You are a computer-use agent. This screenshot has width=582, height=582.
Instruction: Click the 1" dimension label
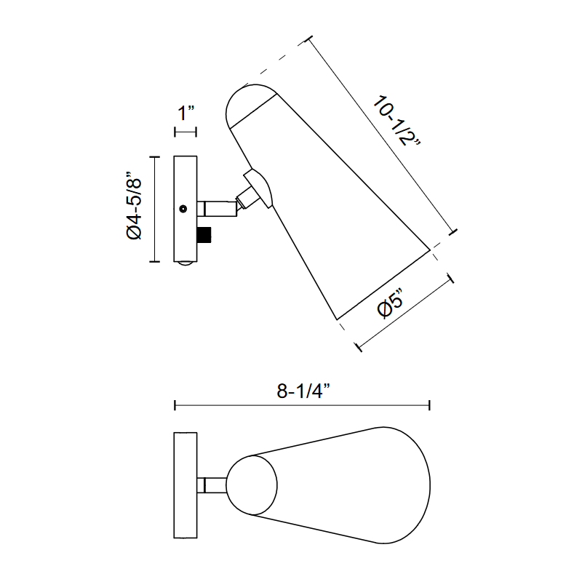coord(186,113)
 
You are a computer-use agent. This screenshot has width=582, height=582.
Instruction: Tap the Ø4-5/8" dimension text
coord(134,205)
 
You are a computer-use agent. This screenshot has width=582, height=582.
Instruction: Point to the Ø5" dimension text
coord(390,303)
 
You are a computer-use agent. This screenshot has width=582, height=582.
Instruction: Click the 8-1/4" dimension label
coord(303,391)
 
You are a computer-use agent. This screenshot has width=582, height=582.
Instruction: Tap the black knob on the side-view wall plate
coord(204,235)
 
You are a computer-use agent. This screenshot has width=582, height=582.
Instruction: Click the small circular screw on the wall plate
coord(183,209)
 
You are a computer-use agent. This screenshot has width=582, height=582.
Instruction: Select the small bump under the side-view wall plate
coord(186,264)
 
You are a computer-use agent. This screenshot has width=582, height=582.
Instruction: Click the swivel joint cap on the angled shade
coord(260,188)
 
